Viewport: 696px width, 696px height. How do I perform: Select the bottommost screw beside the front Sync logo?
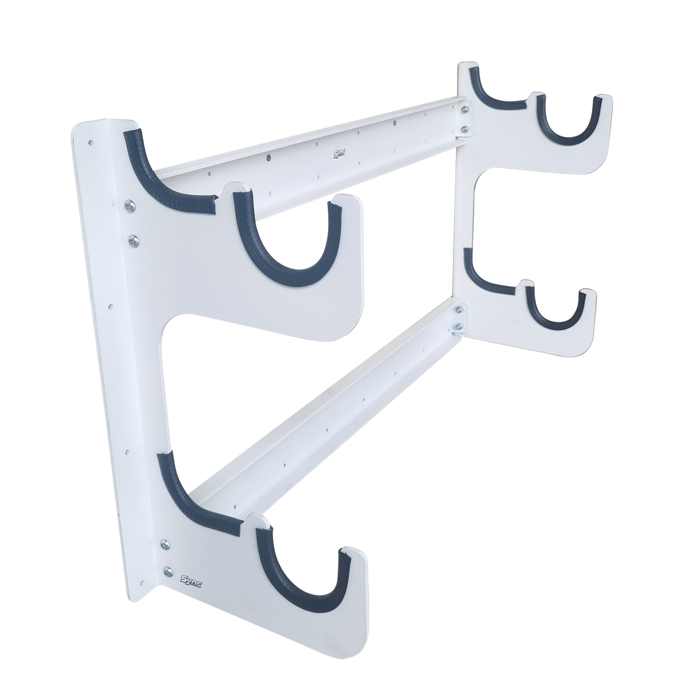168,570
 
